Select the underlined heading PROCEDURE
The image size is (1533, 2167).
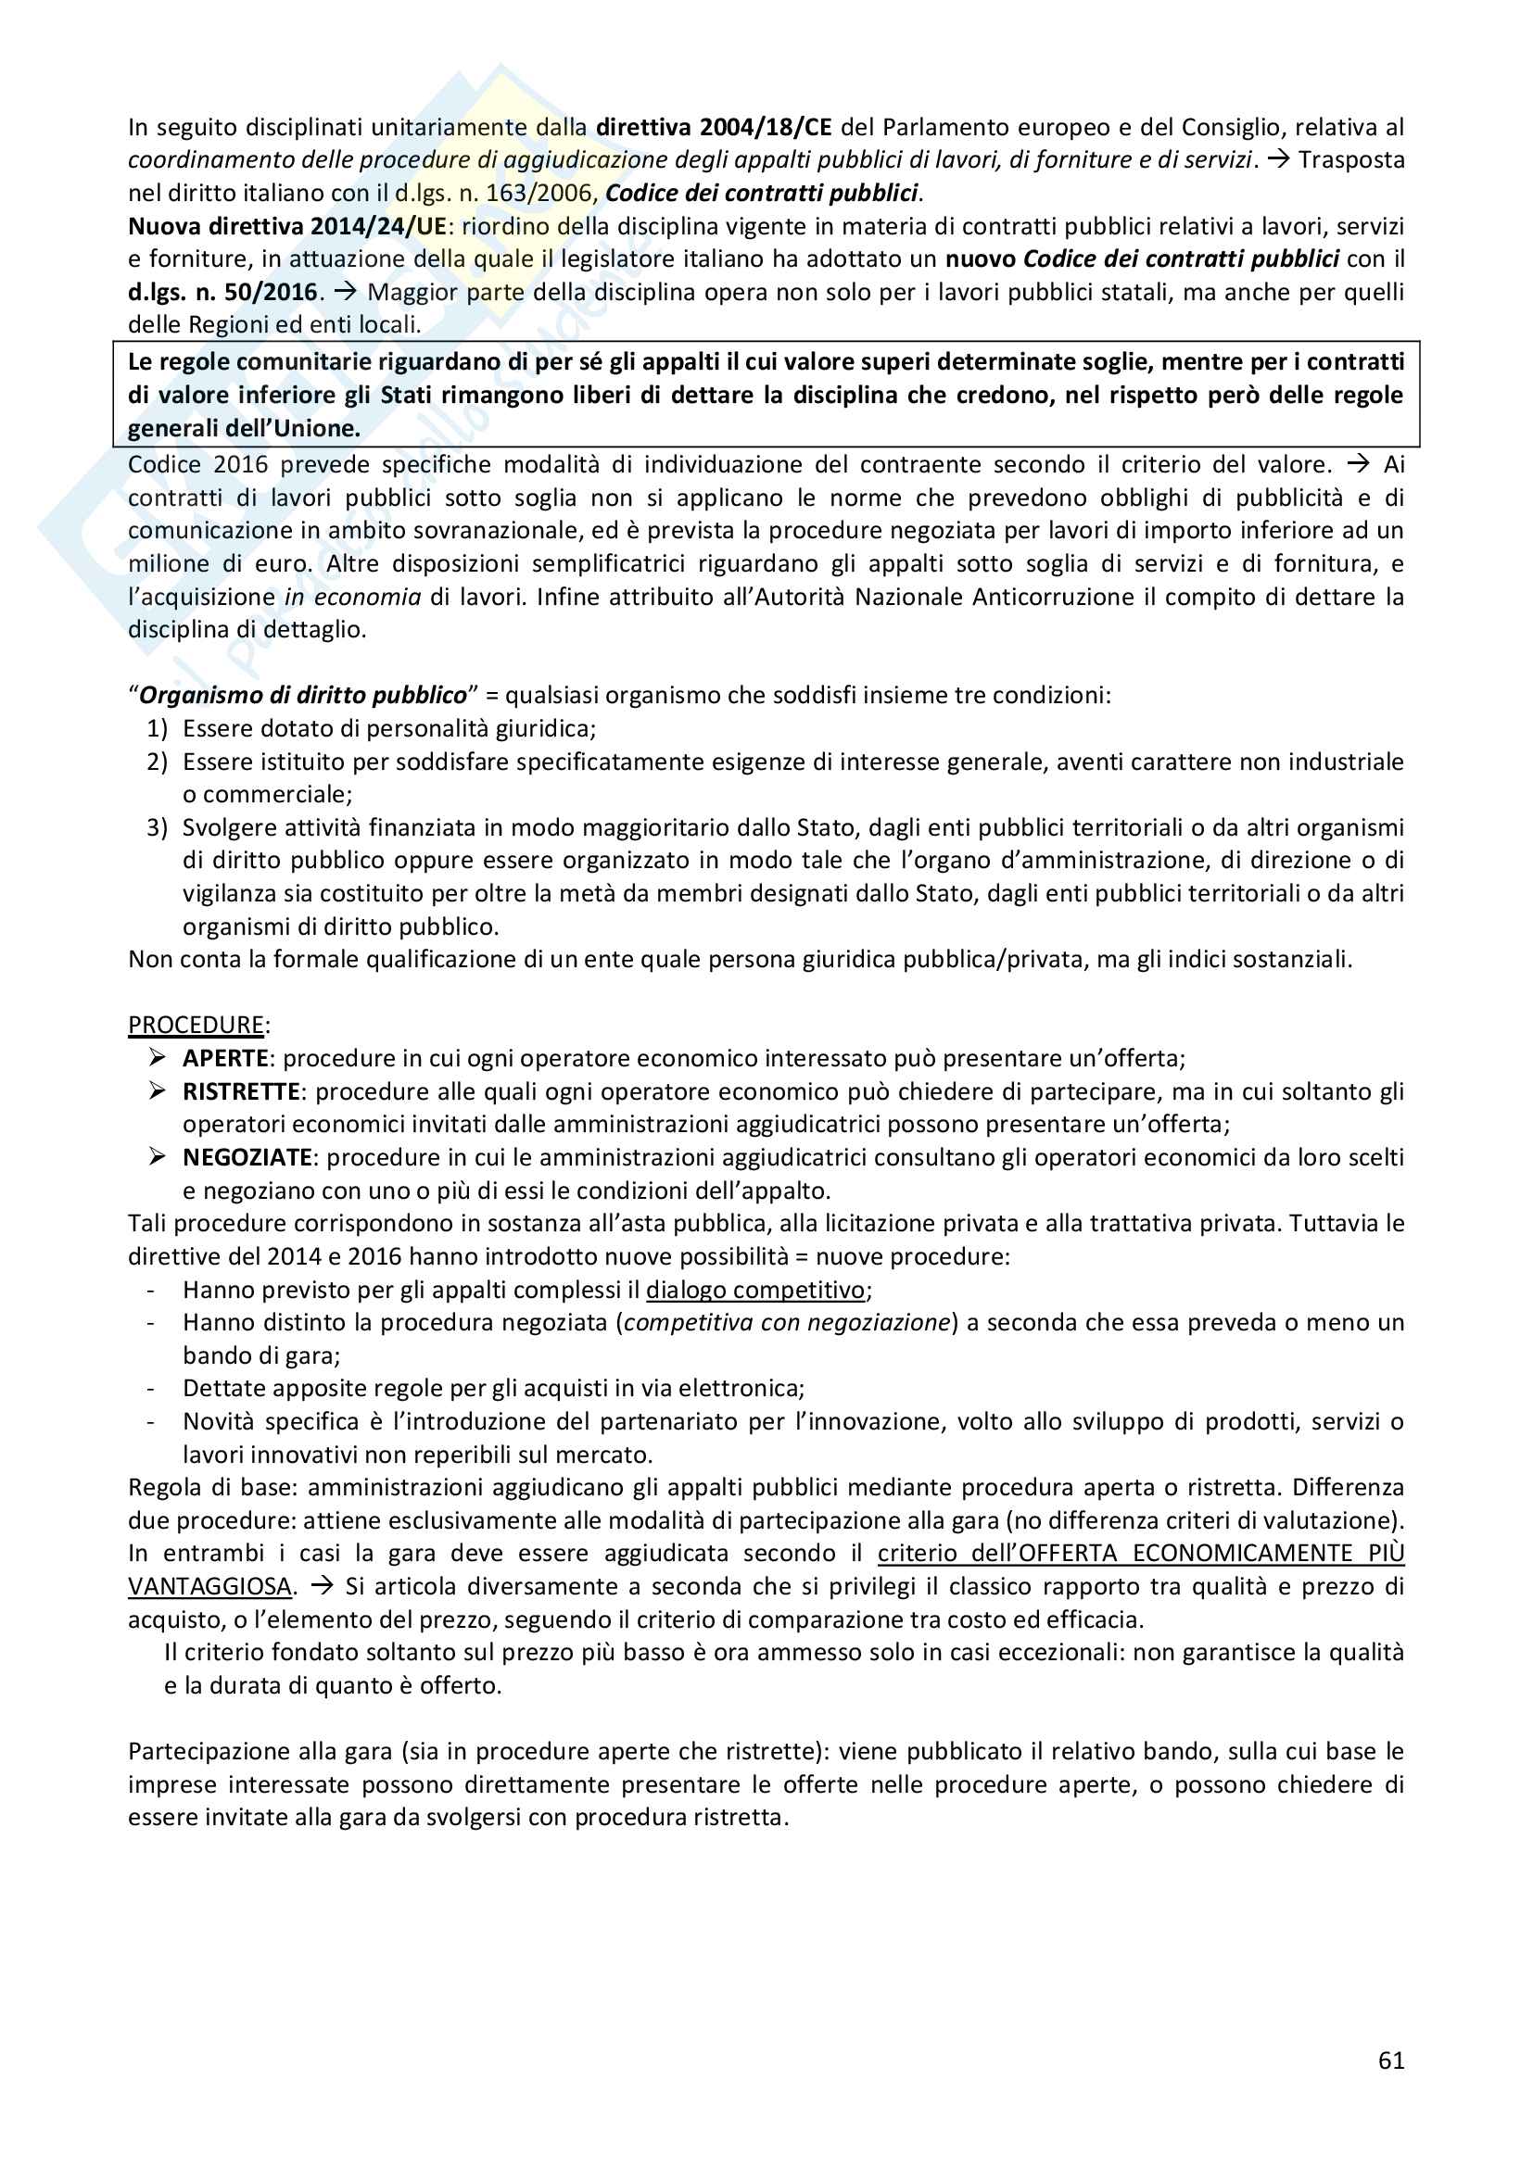tap(196, 1025)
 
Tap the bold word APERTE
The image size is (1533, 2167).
tap(225, 1058)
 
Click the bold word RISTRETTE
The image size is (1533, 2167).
tap(241, 1091)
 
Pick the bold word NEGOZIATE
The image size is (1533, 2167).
tap(247, 1157)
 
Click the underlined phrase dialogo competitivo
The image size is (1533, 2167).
tap(755, 1290)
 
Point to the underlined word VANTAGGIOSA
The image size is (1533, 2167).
tap(209, 1586)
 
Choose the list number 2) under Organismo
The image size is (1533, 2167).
tap(157, 762)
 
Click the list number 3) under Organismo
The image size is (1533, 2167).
tap(157, 827)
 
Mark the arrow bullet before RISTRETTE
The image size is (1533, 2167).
tap(157, 1091)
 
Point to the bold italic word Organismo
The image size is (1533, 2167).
tap(195, 696)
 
